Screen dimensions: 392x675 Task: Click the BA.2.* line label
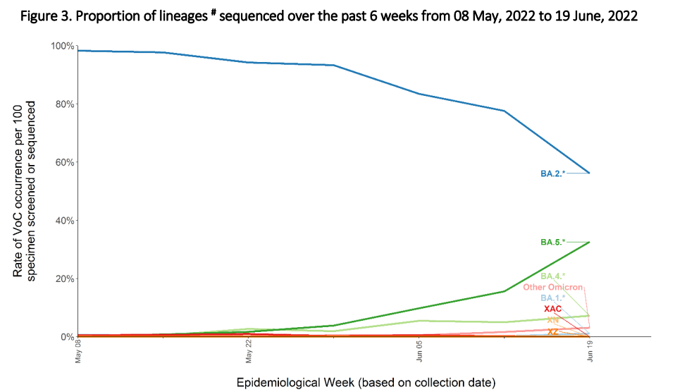coord(552,173)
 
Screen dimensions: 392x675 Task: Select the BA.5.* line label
coord(552,243)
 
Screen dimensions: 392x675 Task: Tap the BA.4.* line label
coord(552,276)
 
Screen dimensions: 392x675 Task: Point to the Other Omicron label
coord(552,288)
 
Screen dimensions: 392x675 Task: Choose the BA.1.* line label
coord(552,298)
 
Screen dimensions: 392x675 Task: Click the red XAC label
coord(552,310)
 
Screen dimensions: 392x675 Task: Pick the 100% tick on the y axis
coord(63,46)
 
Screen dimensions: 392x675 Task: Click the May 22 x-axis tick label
coord(249,350)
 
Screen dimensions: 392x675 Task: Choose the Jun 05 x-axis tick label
coord(420,350)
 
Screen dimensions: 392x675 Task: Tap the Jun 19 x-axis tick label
coord(590,350)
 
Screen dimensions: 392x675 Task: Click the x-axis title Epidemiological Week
coord(366,383)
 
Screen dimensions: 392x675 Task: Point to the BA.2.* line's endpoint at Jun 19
coord(589,173)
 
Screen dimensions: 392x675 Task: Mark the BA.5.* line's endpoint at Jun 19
coord(589,243)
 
